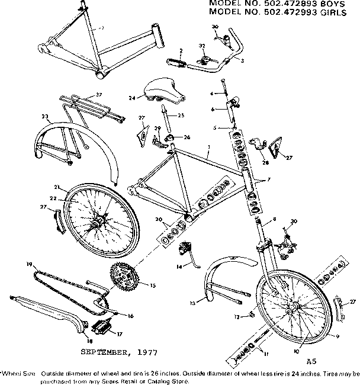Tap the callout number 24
point(132,97)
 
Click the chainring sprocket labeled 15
point(123,277)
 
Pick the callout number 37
point(99,95)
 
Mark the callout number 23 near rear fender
point(44,117)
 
